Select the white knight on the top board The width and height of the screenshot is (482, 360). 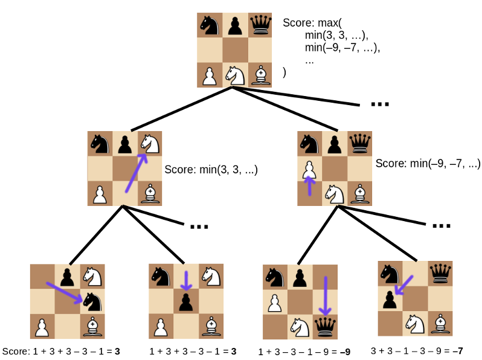tap(235, 76)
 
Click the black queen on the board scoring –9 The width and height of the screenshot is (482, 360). tap(326, 326)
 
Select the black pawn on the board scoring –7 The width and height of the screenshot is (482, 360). tap(390, 298)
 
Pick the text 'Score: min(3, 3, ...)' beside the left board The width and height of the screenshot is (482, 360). tap(211, 170)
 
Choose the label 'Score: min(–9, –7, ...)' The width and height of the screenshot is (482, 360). tap(428, 164)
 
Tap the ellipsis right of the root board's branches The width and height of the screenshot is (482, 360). tap(379, 104)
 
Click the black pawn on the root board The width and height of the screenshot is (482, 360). tap(235, 25)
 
